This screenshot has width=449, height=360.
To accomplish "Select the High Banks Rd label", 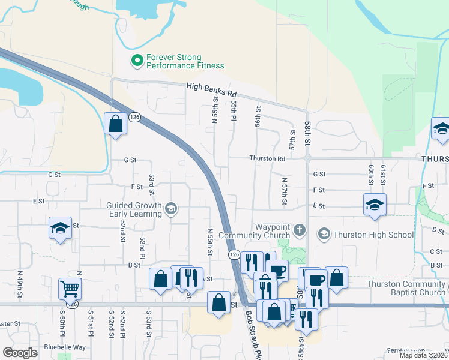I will pyautogui.click(x=212, y=89).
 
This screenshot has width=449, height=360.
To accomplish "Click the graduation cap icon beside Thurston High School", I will pyautogui.click(x=324, y=233).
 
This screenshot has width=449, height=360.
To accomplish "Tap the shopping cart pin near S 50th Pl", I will pyautogui.click(x=70, y=289).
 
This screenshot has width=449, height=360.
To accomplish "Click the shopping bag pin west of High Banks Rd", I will pyautogui.click(x=115, y=124).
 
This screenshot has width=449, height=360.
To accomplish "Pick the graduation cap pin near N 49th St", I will pyautogui.click(x=61, y=228).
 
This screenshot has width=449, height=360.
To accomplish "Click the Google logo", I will pyautogui.click(x=20, y=353).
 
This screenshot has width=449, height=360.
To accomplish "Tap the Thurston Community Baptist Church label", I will pyautogui.click(x=406, y=288).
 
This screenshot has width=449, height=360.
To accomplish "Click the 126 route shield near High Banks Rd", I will pyautogui.click(x=134, y=118).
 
